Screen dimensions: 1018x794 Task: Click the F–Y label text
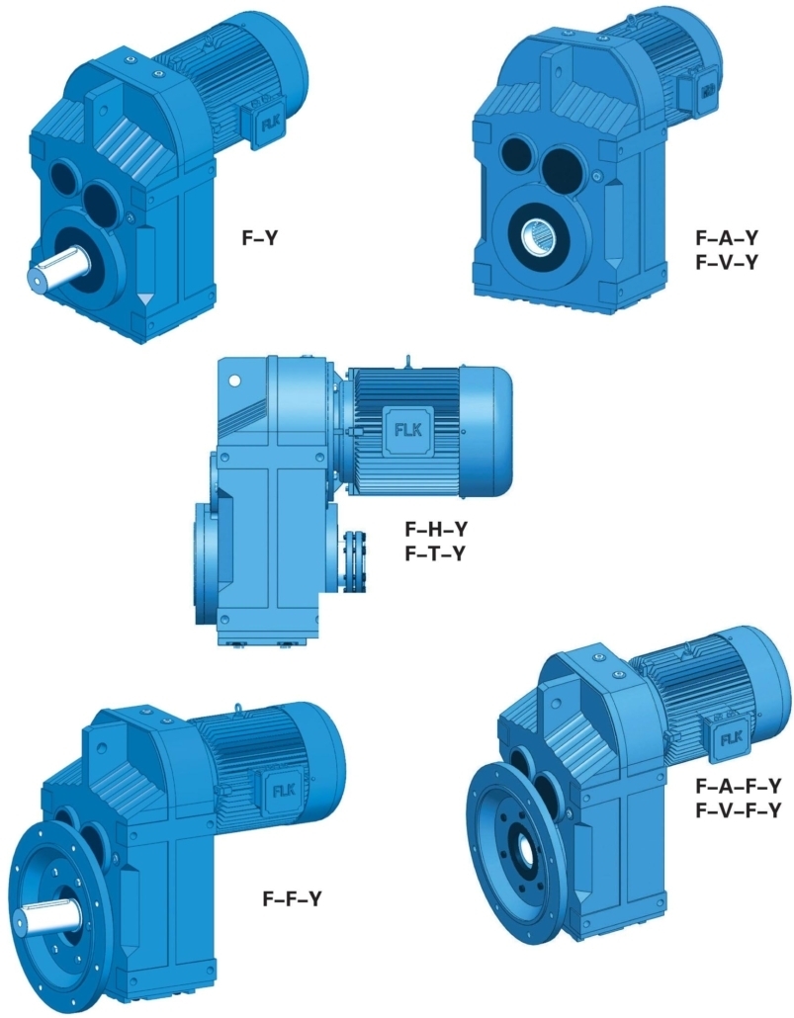261,237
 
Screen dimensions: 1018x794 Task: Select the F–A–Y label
727,238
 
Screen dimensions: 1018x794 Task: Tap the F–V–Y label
727,262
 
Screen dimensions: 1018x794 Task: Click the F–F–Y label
292,898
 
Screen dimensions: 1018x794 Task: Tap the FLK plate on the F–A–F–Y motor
732,738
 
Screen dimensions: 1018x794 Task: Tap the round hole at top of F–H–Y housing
234,380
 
